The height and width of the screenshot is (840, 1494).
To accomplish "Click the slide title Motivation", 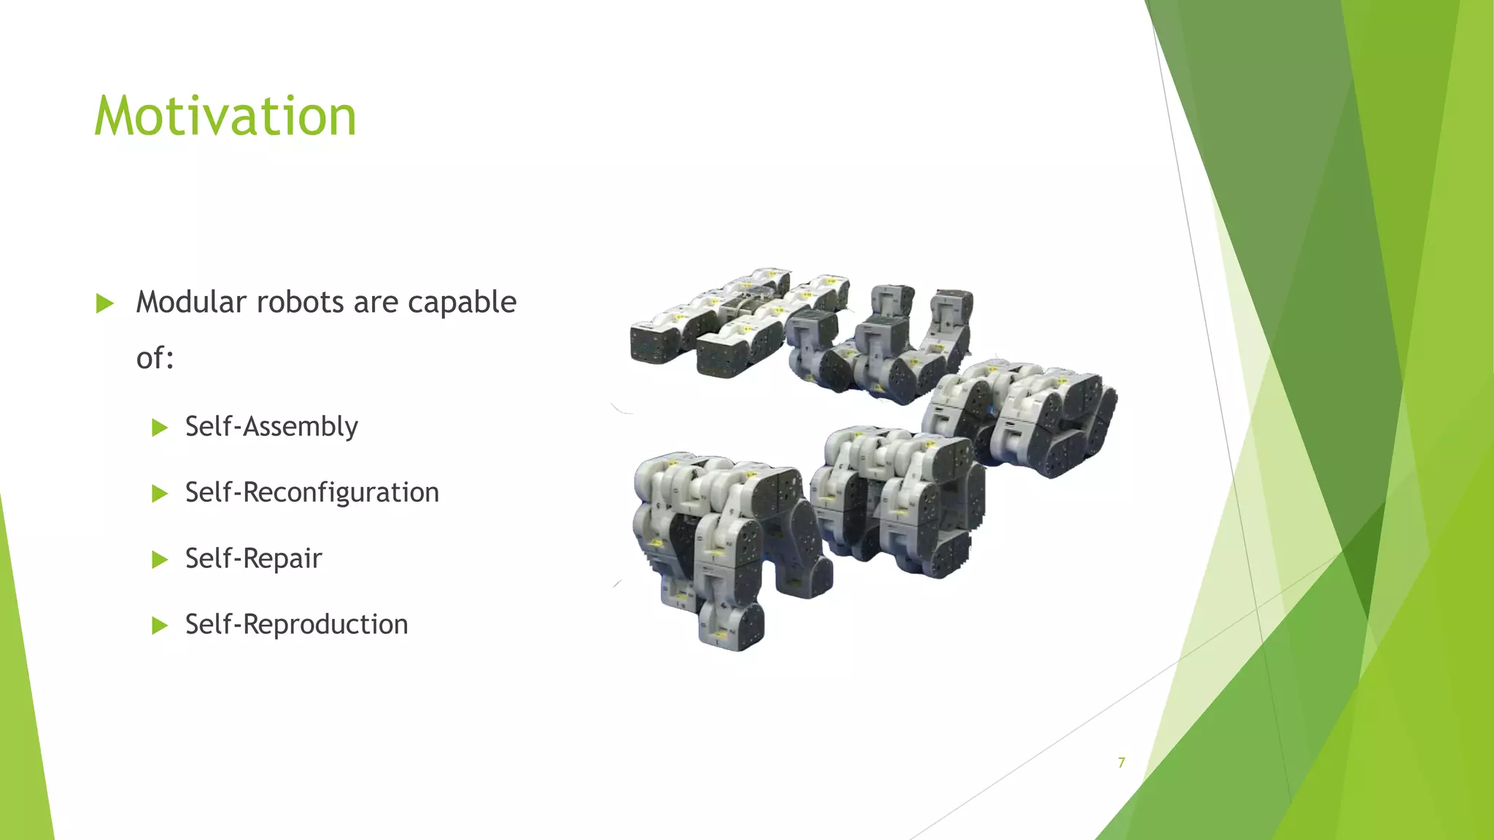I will click(225, 116).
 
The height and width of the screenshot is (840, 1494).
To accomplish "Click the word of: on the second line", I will click(155, 358).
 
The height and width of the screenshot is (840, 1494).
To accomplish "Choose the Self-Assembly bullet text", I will click(271, 427).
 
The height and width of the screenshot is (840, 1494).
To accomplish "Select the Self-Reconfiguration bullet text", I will click(311, 493).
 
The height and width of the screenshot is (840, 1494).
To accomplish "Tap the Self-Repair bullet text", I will click(253, 559).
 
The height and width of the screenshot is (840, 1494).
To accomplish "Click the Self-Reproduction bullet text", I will click(296, 625).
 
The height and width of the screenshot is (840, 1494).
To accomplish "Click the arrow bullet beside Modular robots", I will click(105, 303).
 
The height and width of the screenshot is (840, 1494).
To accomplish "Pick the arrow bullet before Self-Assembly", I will click(160, 428).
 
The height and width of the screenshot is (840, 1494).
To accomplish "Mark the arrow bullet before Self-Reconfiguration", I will click(160, 494).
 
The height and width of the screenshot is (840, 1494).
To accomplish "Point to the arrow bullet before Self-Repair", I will click(160, 560).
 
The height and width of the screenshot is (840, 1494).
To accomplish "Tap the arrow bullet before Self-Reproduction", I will click(160, 626).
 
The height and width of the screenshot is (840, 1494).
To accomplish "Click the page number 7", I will click(1121, 763).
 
